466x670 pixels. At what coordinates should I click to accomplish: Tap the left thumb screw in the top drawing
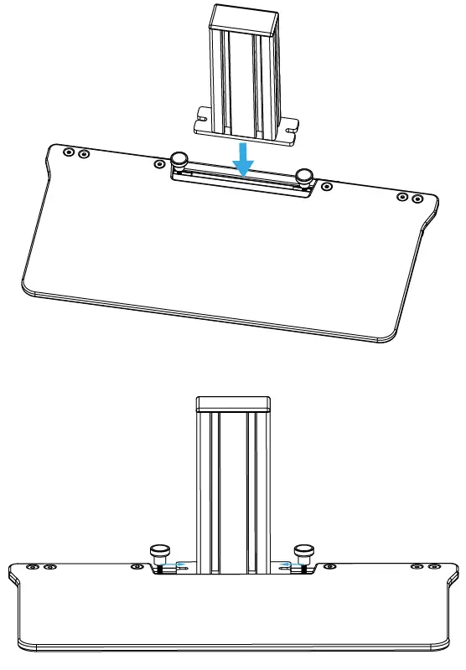click(x=179, y=159)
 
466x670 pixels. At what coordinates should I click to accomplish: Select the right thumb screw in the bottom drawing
click(x=303, y=554)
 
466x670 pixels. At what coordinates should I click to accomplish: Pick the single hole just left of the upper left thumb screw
click(x=159, y=163)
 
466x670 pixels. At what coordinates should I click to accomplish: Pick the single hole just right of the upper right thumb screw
click(x=326, y=186)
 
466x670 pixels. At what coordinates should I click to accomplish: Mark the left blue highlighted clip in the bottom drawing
click(x=171, y=565)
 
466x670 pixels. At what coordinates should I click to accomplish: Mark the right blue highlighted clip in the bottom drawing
click(x=287, y=565)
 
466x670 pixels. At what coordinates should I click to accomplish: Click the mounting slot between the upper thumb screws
click(x=241, y=178)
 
